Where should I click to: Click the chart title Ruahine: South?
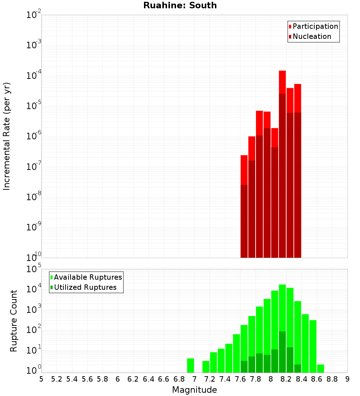(x=180, y=5)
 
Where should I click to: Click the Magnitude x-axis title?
(x=194, y=390)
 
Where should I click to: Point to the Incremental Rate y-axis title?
(x=7, y=136)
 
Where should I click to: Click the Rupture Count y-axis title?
(x=14, y=321)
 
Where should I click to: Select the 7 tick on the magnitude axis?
(x=194, y=379)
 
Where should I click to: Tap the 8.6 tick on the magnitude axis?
(x=317, y=379)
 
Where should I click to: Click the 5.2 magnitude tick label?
(x=57, y=379)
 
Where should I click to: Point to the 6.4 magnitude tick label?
(x=148, y=379)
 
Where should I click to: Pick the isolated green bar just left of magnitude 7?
(x=190, y=365)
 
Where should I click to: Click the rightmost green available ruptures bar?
(x=320, y=369)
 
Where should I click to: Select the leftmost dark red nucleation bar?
(x=244, y=221)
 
